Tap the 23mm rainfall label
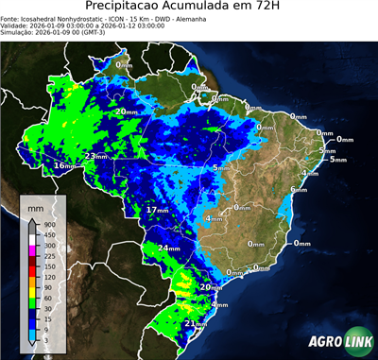click(x=95, y=156)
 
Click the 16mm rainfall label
click(x=64, y=166)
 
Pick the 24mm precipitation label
click(x=168, y=248)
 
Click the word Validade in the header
click(x=16, y=27)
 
